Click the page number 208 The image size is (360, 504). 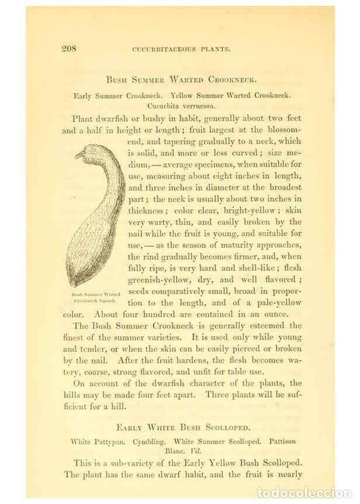pyautogui.click(x=70, y=49)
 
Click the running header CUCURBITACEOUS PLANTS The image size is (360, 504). pyautogui.click(x=184, y=50)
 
